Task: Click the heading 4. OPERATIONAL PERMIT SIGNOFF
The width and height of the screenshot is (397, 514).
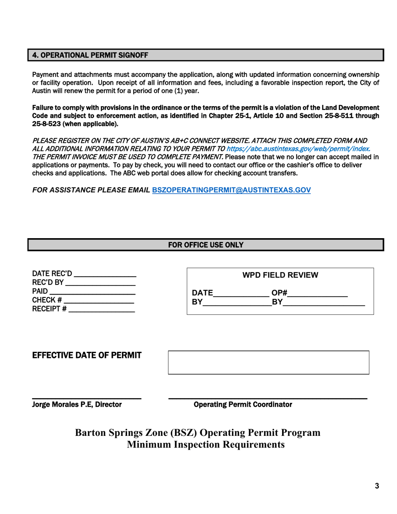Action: (x=90, y=55)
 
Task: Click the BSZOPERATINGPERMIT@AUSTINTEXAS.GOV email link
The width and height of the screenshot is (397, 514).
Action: (x=232, y=189)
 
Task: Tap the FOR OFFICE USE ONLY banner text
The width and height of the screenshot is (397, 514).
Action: (x=205, y=244)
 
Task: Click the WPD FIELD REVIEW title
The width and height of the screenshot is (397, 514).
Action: (x=280, y=275)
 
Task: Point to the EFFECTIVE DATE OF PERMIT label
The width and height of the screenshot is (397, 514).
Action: (x=87, y=355)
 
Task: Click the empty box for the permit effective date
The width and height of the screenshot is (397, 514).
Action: (x=268, y=362)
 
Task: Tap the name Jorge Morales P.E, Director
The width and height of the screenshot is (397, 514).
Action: (x=77, y=405)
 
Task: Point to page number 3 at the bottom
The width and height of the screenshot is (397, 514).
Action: (x=377, y=486)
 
